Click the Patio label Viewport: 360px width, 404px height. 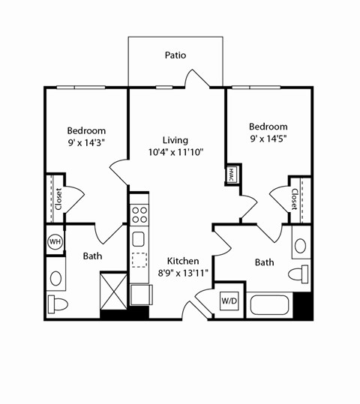click(x=175, y=55)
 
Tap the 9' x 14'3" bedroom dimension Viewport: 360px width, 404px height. click(x=86, y=142)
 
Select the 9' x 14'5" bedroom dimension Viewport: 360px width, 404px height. click(x=268, y=139)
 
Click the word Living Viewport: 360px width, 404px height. click(x=175, y=139)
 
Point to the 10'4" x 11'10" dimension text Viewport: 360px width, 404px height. click(x=175, y=151)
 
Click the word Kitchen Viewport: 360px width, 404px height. click(x=183, y=261)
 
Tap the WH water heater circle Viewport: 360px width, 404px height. click(x=55, y=241)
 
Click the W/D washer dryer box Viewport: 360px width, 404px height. click(x=228, y=301)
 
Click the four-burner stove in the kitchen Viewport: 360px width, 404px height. click(x=139, y=216)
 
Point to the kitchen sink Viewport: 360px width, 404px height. click(x=139, y=239)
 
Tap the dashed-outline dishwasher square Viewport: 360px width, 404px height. click(x=139, y=260)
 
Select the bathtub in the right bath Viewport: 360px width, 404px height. click(x=270, y=304)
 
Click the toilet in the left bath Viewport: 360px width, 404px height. click(x=57, y=304)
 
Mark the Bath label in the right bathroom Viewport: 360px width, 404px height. click(x=264, y=262)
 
